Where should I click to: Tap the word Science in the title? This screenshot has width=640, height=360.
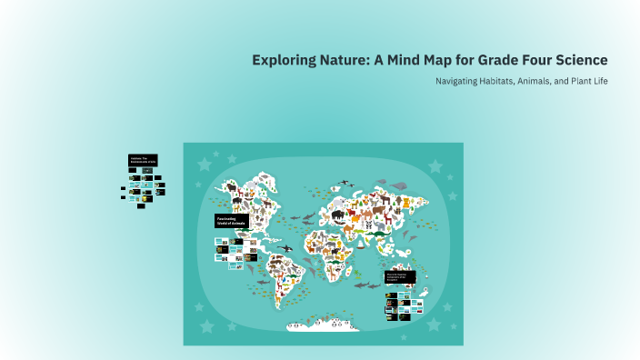(x=575, y=60)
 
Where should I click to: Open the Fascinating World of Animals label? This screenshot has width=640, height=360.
(x=231, y=221)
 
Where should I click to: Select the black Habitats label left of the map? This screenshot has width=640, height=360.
(x=143, y=160)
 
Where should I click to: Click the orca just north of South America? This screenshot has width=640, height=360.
(x=285, y=247)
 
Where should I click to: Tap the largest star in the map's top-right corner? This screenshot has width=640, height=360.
(x=435, y=166)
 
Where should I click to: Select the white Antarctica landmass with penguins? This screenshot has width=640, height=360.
(x=323, y=325)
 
